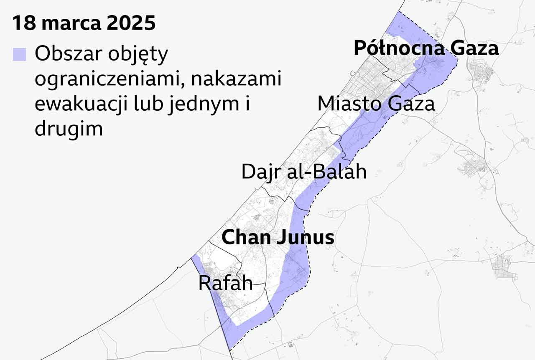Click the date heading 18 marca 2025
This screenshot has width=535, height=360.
(x=84, y=23)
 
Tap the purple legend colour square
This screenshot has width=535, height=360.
(x=19, y=55)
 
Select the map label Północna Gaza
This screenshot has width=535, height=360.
(x=426, y=48)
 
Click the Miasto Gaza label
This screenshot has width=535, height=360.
(x=376, y=104)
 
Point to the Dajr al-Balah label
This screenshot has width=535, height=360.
(x=304, y=172)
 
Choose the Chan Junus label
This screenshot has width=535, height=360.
(x=278, y=238)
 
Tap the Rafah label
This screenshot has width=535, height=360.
(x=225, y=283)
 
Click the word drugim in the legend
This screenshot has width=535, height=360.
(x=69, y=129)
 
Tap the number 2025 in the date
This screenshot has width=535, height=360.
(x=131, y=23)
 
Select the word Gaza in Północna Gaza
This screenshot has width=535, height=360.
(x=474, y=48)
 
